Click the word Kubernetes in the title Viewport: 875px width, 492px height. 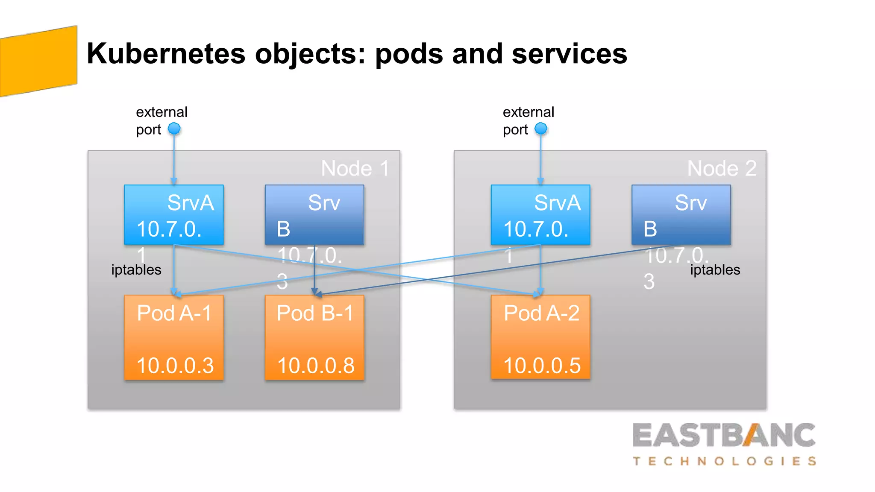(166, 54)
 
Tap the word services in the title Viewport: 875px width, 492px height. (569, 54)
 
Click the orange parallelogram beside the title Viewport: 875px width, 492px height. (38, 61)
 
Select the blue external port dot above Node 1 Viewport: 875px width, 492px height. (174, 129)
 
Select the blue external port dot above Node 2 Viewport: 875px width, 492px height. (541, 129)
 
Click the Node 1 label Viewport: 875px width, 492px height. (355, 168)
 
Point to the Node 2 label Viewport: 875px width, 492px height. (722, 168)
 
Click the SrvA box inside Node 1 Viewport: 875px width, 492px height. (174, 215)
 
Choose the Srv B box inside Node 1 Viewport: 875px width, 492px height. (314, 215)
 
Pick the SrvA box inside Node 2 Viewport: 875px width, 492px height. (540, 215)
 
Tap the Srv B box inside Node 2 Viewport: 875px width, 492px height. (681, 215)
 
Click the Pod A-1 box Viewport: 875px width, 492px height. (174, 337)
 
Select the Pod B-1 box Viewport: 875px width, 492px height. (314, 337)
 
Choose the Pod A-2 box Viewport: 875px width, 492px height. (540, 337)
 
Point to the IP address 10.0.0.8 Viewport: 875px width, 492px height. (316, 366)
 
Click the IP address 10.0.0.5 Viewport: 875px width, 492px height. (542, 366)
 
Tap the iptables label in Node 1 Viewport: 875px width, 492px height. (136, 270)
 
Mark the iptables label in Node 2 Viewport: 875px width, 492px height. (715, 270)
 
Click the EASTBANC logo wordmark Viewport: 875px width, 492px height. (724, 435)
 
